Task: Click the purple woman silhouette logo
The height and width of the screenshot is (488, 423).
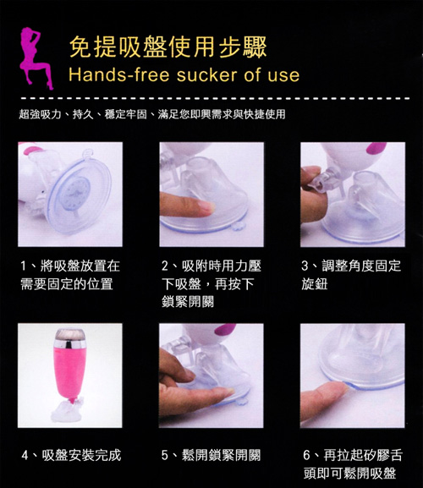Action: [36, 58]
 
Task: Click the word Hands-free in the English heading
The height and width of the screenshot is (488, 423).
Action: [119, 75]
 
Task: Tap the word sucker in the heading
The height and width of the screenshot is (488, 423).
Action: [207, 75]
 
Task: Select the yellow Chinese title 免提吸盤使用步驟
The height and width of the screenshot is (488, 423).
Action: [168, 47]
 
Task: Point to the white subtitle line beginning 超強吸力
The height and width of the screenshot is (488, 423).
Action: [152, 114]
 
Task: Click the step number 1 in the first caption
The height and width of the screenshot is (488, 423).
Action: [24, 266]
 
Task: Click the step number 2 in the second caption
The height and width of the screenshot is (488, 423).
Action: [165, 266]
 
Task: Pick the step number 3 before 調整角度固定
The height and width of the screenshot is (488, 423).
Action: [305, 266]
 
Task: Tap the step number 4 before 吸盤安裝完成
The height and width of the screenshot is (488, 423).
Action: [25, 456]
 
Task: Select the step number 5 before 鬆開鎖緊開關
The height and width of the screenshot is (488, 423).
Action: [165, 456]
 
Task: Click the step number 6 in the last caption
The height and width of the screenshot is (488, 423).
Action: [306, 456]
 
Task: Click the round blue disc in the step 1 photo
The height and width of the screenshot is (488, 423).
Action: [74, 192]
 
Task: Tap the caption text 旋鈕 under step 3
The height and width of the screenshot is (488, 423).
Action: [315, 284]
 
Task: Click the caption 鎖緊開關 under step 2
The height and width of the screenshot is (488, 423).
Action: [188, 302]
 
